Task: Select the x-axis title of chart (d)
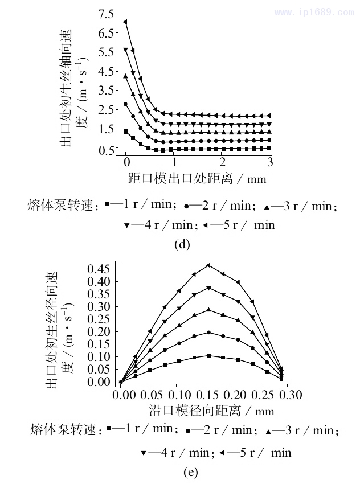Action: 197,179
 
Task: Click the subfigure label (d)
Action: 181,245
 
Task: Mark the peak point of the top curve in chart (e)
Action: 208,265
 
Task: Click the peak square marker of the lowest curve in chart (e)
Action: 208,356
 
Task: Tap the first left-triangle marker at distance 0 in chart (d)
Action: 125,22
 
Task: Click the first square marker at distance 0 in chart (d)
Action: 125,132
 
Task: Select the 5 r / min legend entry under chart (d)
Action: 239,224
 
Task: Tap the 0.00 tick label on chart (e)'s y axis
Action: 99,382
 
